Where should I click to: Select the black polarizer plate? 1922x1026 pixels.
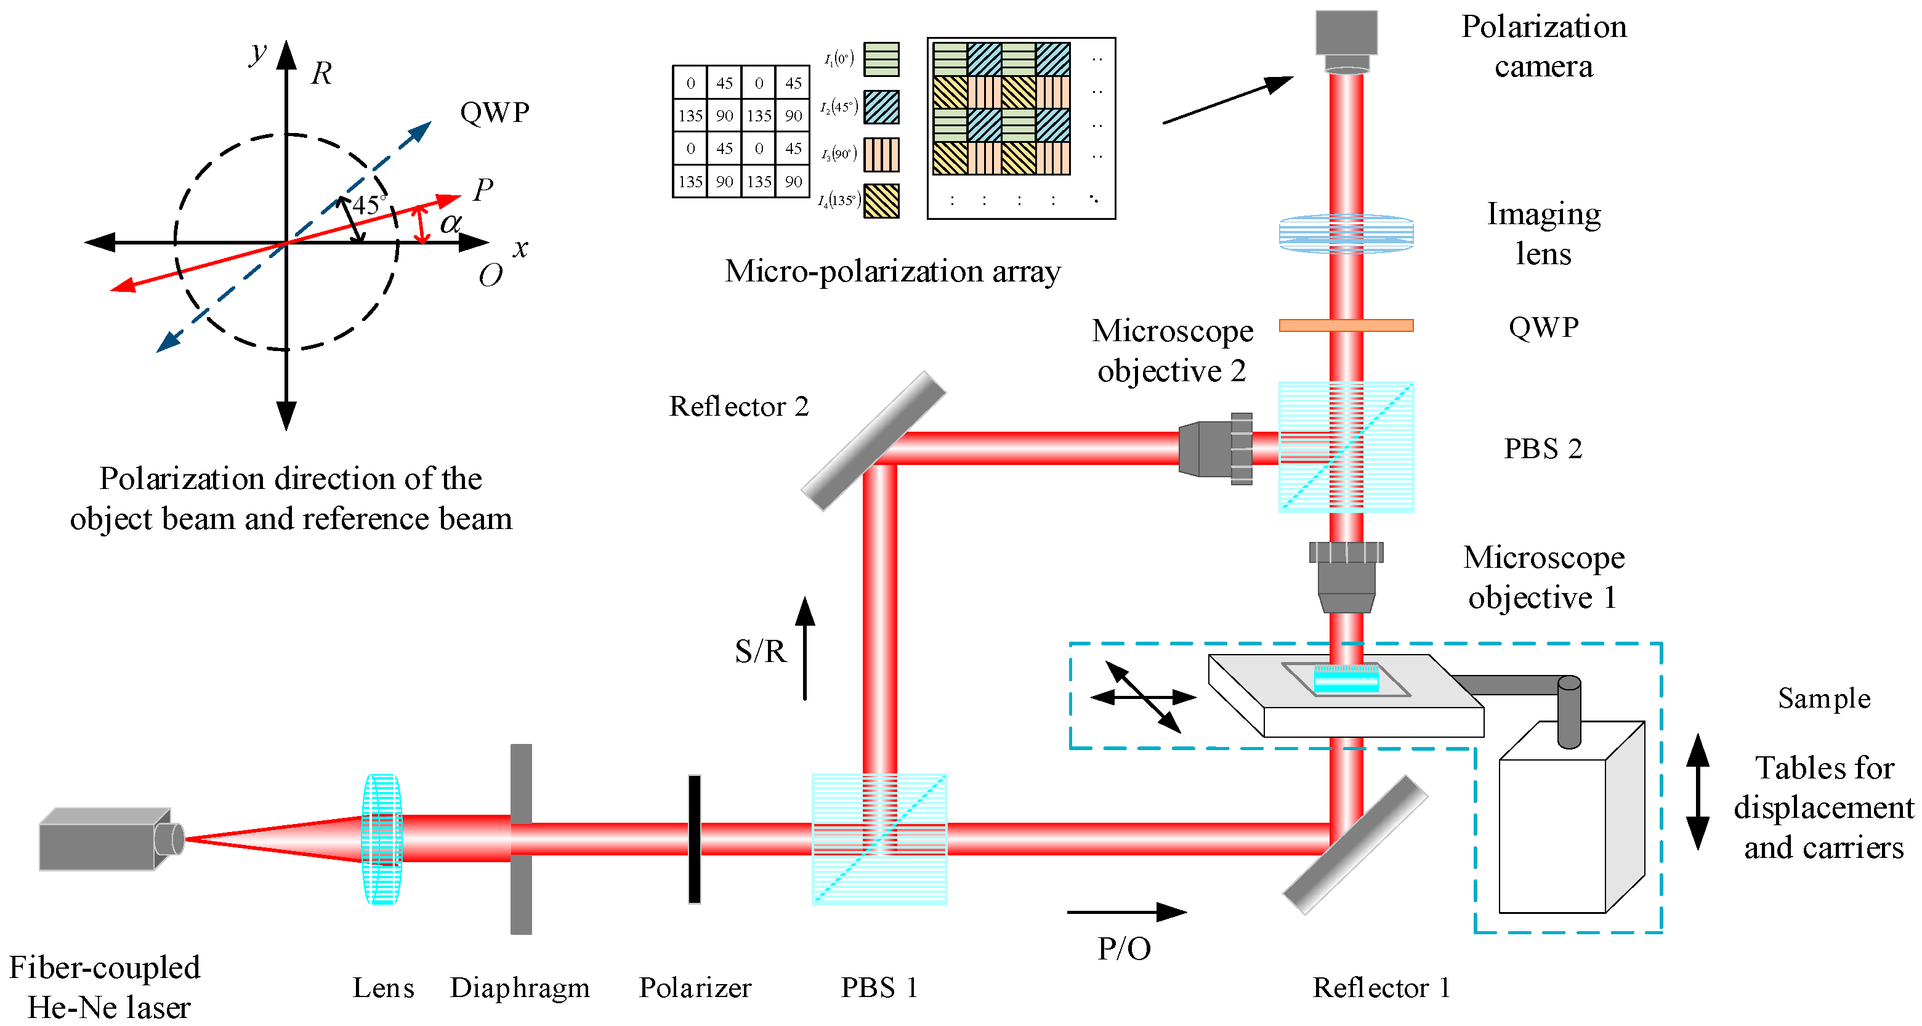pyautogui.click(x=694, y=839)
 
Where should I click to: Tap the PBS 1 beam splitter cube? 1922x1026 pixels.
pyautogui.click(x=879, y=839)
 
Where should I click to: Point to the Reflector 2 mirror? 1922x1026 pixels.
pyautogui.click(x=873, y=441)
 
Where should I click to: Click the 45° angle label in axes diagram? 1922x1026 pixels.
pyautogui.click(x=367, y=205)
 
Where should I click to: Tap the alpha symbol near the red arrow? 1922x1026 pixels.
pyautogui.click(x=450, y=223)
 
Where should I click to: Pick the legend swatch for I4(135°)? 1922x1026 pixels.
pyautogui.click(x=881, y=201)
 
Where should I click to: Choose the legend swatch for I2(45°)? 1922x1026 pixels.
pyautogui.click(x=881, y=107)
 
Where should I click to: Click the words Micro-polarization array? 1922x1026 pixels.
pyautogui.click(x=892, y=271)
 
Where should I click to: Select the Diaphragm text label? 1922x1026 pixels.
pyautogui.click(x=519, y=987)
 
